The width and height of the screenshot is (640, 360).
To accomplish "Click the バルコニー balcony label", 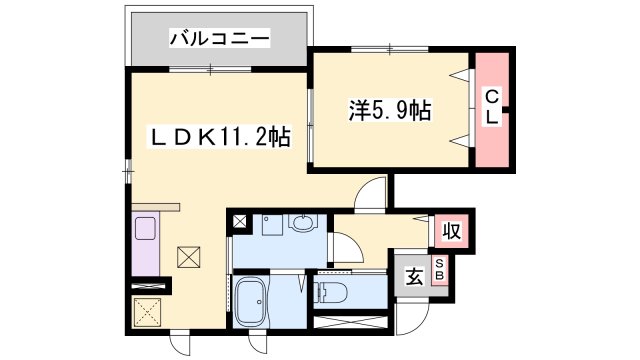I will [x=219, y=40].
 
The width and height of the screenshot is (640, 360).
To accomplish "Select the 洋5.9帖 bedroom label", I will [x=390, y=110].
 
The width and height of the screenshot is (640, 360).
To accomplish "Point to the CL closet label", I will [x=491, y=105].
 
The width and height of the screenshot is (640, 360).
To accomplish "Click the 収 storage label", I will [x=450, y=232].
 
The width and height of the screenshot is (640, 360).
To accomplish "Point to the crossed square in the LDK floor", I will [x=188, y=257].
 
